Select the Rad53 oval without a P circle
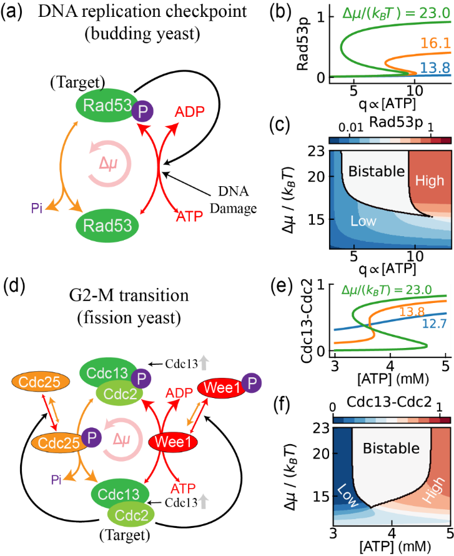pyautogui.click(x=107, y=224)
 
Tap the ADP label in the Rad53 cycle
pyautogui.click(x=189, y=113)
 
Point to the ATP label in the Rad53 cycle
pyautogui.click(x=189, y=216)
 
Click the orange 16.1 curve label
pyautogui.click(x=435, y=43)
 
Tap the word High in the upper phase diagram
pyautogui.click(x=430, y=181)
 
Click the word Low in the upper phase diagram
pyautogui.click(x=363, y=221)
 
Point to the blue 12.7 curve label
pyautogui.click(x=435, y=324)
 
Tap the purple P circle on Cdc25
pyautogui.click(x=92, y=438)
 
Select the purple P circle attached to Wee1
pyautogui.click(x=252, y=383)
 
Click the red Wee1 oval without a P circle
pyautogui.click(x=173, y=443)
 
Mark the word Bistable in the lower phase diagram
pyautogui.click(x=391, y=448)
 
